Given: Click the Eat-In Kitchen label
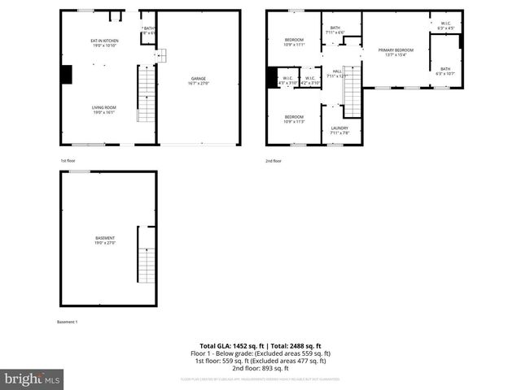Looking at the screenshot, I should [x=104, y=43].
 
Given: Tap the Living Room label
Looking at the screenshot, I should [x=103, y=110].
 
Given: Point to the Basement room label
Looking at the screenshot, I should [x=106, y=240].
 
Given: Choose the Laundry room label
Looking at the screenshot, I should [x=339, y=130].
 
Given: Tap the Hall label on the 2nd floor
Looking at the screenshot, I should [x=336, y=74].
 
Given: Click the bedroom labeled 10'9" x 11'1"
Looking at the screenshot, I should [x=294, y=42].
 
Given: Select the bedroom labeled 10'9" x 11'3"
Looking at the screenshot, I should [x=294, y=119].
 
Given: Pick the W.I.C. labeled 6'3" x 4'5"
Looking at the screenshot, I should [x=445, y=25].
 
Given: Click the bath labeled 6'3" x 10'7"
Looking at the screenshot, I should [x=445, y=71].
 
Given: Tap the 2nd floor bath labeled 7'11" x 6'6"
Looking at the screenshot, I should [x=335, y=30].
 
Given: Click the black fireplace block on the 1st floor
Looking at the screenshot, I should [x=66, y=75].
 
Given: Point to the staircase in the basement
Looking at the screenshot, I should [x=147, y=253].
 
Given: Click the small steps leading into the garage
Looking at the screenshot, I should [x=161, y=55].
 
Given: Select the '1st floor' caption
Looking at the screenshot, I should [x=68, y=161].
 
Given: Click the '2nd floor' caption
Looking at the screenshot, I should [x=274, y=161].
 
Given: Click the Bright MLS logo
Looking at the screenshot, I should [x=33, y=379].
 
